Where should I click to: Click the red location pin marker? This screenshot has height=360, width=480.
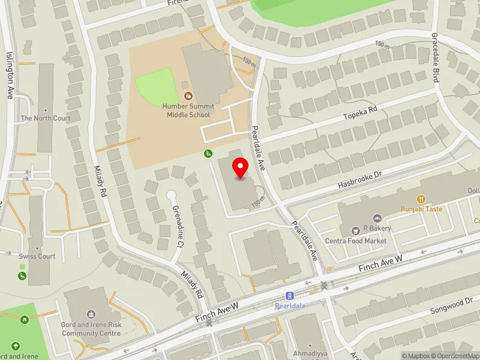pyautogui.click(x=241, y=168)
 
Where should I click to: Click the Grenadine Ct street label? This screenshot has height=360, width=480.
pyautogui.click(x=178, y=227)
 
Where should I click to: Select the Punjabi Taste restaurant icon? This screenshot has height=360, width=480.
pyautogui.click(x=422, y=199)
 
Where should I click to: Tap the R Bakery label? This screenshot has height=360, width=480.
pyautogui.click(x=377, y=228)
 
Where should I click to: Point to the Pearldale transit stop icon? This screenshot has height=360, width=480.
pyautogui.click(x=289, y=296)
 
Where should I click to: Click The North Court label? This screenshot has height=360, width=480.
pyautogui.click(x=46, y=118)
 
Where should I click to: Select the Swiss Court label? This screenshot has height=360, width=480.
pyautogui.click(x=37, y=256)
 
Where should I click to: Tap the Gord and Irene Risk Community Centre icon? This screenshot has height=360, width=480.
pyautogui.click(x=91, y=314)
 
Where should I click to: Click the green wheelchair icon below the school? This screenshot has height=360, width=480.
pyautogui.click(x=208, y=154)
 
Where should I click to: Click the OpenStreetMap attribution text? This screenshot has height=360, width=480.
pyautogui.click(x=456, y=356)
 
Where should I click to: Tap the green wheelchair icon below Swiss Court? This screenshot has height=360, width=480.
pyautogui.click(x=22, y=276)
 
